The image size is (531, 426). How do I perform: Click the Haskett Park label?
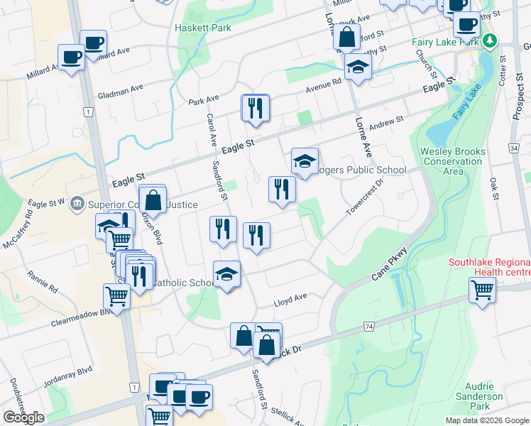(x=203, y=28)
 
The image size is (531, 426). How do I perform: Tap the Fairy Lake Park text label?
(x=447, y=42)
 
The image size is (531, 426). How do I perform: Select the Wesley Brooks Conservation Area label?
(x=453, y=161)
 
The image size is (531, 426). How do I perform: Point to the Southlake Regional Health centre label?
(x=489, y=267)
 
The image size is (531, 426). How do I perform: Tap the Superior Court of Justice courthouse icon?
(x=77, y=204)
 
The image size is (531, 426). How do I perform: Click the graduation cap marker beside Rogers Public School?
(x=305, y=163)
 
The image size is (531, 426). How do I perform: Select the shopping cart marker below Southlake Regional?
(x=482, y=290)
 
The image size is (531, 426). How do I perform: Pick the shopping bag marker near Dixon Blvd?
(x=153, y=200)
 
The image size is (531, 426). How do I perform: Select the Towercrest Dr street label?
(x=364, y=197)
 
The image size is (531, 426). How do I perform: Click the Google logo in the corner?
(x=23, y=417)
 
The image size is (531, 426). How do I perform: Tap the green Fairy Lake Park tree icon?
(x=488, y=42)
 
